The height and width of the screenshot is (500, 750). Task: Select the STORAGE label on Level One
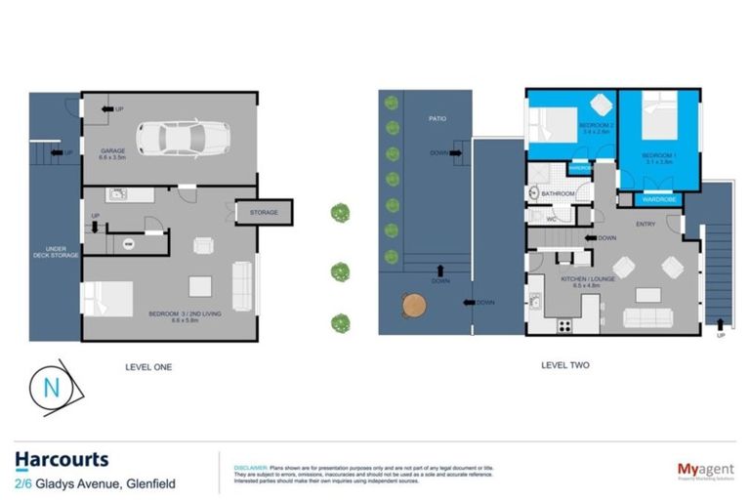tap(264, 212)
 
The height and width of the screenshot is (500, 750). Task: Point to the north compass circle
tap(52, 389)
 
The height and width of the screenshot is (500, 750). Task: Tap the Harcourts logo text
tap(62, 460)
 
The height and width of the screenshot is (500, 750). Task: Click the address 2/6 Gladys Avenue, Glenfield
tap(95, 482)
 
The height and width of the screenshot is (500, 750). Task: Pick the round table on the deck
tap(415, 305)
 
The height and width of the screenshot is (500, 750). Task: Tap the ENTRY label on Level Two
tap(646, 224)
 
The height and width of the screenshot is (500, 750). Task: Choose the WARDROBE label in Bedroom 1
tap(660, 199)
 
